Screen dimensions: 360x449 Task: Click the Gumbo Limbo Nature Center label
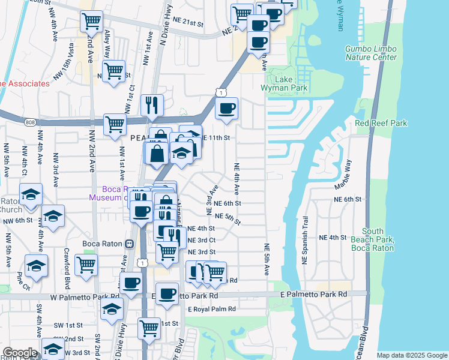[x=371, y=53]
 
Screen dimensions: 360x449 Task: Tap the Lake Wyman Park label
[x=284, y=83]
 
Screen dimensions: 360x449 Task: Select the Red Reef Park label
[x=381, y=124]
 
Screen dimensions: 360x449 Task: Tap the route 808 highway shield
[x=30, y=122]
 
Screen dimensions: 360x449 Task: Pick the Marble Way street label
[x=347, y=171]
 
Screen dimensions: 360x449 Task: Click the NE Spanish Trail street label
[x=305, y=240]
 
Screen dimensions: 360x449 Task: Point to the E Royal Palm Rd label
[x=211, y=310]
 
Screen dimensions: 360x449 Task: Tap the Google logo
[x=20, y=353]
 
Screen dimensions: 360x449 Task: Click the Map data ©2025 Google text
[x=411, y=355]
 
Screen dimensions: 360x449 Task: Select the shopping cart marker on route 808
[x=115, y=124]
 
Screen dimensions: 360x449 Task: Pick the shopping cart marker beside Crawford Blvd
[x=86, y=263]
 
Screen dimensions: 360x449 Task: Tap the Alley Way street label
[x=107, y=43]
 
